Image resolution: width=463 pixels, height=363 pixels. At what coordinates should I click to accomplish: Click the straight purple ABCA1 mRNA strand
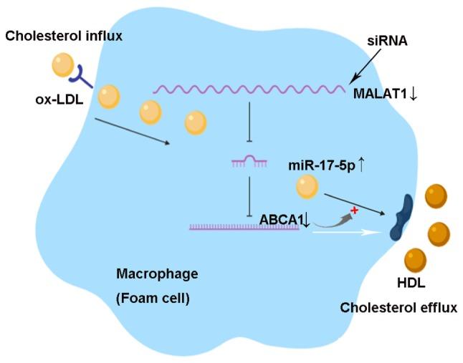pyautogui.click(x=244, y=228)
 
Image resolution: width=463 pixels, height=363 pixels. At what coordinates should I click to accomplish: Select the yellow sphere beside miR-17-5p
pyautogui.click(x=307, y=188)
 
